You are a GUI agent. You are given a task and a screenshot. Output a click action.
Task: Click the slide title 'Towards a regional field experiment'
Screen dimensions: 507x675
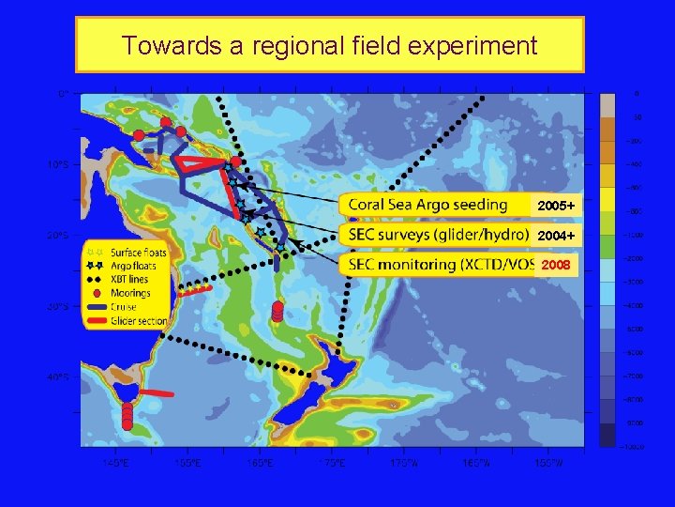pos(329,45)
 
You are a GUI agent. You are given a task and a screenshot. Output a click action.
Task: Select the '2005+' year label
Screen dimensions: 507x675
pos(555,206)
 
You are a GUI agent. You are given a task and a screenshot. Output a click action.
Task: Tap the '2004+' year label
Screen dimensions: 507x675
pos(555,235)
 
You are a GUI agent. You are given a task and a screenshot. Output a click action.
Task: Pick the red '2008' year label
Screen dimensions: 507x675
pos(555,265)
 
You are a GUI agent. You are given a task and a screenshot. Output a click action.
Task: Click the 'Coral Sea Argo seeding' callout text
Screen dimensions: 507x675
pos(427,205)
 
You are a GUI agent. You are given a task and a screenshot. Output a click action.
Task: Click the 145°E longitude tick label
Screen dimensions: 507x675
pos(116,462)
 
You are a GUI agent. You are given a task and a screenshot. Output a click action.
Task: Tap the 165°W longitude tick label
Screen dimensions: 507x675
pos(476,462)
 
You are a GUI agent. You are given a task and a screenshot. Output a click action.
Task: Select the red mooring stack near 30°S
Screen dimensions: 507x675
pos(277,311)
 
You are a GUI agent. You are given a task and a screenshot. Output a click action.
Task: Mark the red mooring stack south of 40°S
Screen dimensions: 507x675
pos(127,414)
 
